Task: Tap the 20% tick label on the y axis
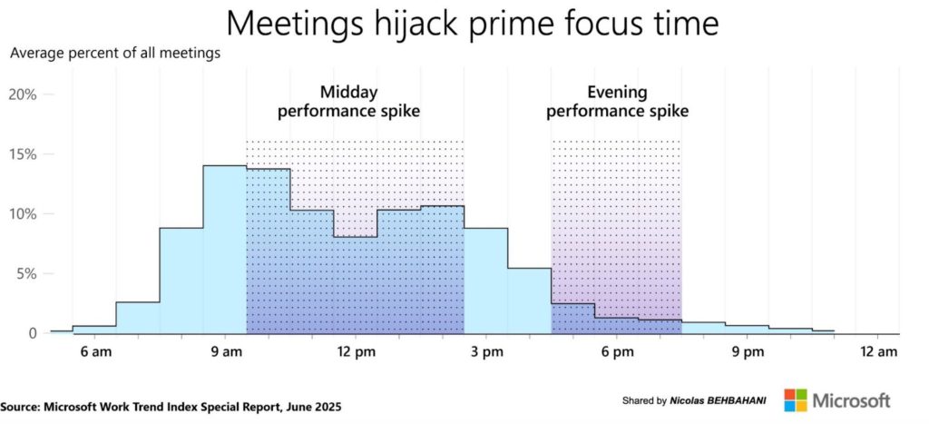click(x=23, y=95)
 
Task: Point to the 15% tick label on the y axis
click(x=23, y=154)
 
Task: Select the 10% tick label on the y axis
click(x=23, y=214)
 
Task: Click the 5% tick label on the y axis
click(x=26, y=274)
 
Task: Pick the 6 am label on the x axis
click(x=94, y=352)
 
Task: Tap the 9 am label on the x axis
click(x=225, y=352)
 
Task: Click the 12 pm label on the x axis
click(x=356, y=352)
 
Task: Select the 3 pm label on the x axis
click(x=486, y=352)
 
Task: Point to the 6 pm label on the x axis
click(x=616, y=352)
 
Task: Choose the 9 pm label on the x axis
click(x=747, y=352)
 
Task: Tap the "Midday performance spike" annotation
click(x=349, y=102)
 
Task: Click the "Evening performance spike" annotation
click(x=617, y=102)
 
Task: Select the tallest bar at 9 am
click(x=225, y=249)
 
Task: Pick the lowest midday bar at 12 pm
click(x=356, y=285)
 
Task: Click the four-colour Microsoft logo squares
click(x=796, y=399)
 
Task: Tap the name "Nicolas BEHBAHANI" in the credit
click(x=718, y=401)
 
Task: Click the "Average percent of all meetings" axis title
click(x=115, y=54)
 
